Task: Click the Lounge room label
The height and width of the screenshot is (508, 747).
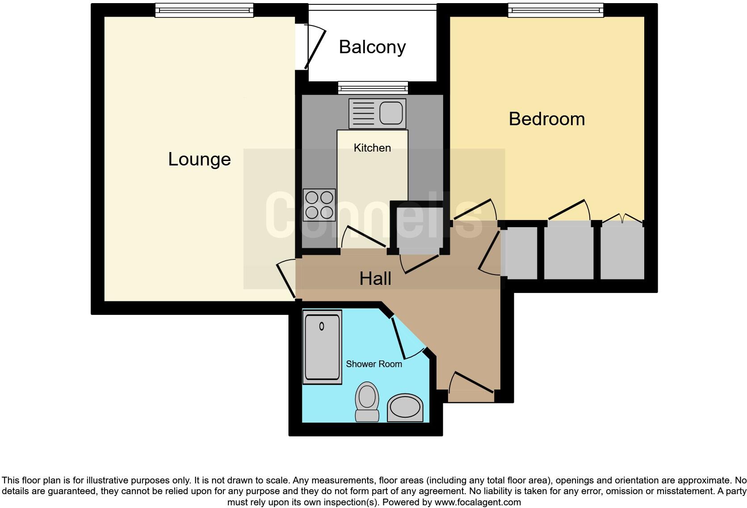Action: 199,159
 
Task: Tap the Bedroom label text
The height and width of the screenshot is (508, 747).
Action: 546,119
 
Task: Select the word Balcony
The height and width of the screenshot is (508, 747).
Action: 372,47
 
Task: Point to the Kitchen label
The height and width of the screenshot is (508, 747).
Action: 372,148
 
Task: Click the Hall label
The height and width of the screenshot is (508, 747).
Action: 375,279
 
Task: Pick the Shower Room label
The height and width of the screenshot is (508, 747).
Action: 373,364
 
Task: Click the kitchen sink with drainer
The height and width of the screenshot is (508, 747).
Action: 377,113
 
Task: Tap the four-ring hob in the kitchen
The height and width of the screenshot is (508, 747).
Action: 319,205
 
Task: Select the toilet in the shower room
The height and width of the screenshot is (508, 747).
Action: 367,401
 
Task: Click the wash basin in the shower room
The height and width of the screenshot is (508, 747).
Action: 405,407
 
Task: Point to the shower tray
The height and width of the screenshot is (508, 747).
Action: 322,347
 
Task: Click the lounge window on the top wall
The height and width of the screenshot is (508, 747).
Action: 204,10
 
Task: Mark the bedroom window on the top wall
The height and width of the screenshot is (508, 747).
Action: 555,10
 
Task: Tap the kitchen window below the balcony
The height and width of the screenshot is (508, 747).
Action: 373,88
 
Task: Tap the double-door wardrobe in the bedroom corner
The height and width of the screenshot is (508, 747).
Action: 622,253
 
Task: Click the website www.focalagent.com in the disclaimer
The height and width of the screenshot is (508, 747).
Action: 478,502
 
